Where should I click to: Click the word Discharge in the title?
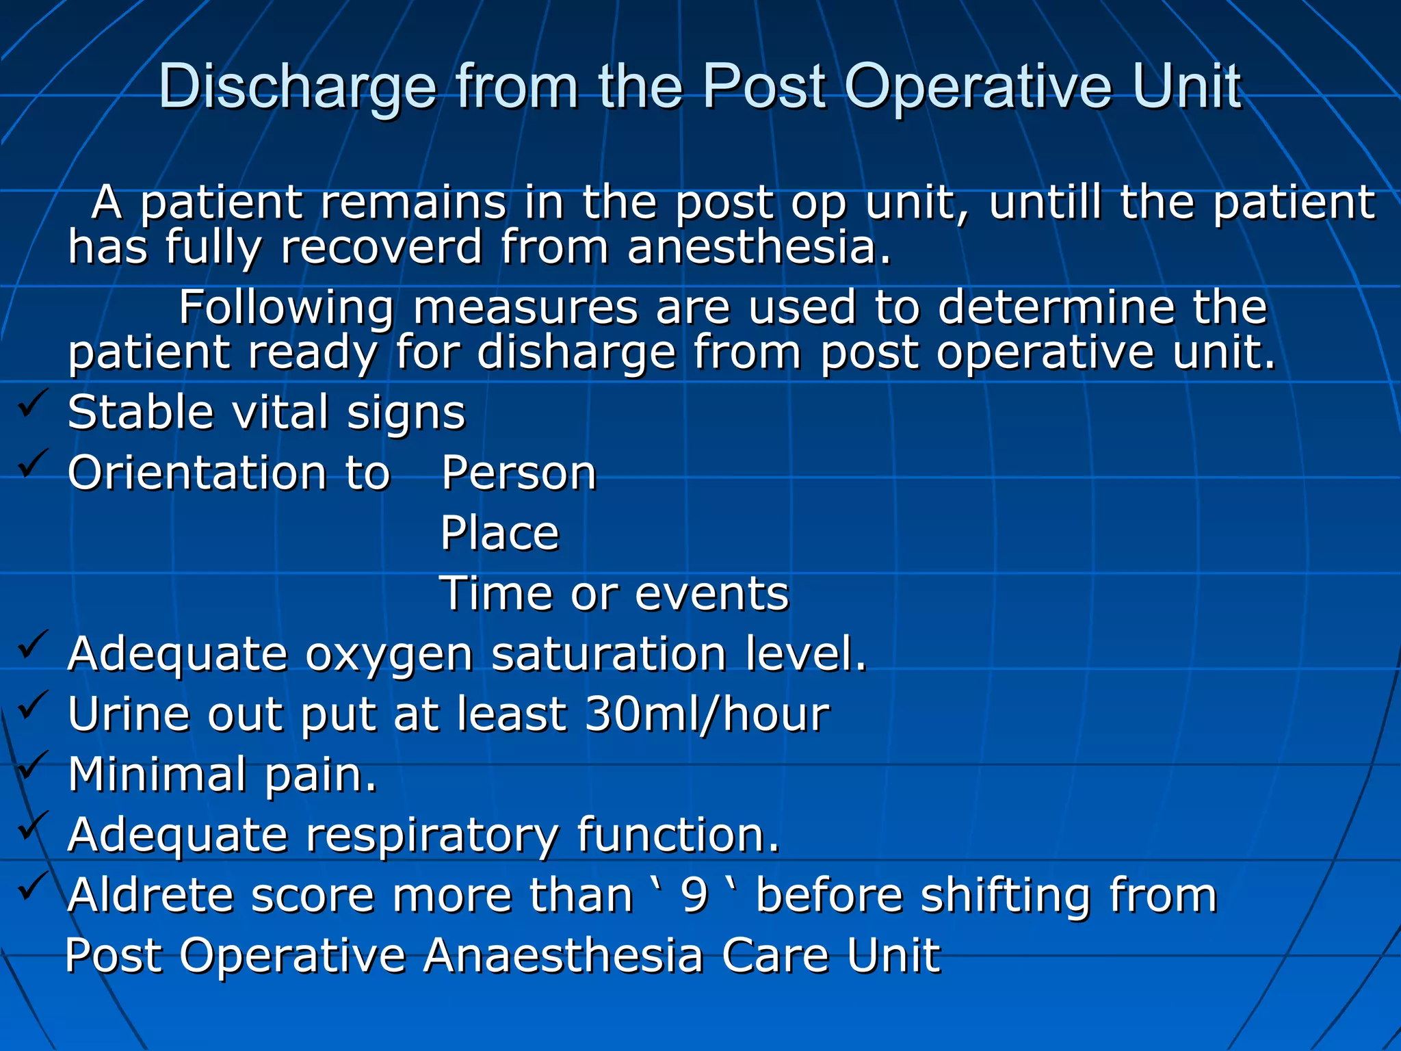pyautogui.click(x=298, y=87)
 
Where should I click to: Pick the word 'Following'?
pyautogui.click(x=286, y=307)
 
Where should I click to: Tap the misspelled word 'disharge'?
pyautogui.click(x=576, y=352)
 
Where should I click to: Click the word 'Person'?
pyautogui.click(x=519, y=473)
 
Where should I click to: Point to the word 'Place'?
pyautogui.click(x=499, y=533)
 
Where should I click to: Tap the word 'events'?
pyautogui.click(x=711, y=593)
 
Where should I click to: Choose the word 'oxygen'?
pyautogui.click(x=389, y=654)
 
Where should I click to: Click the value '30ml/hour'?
pyautogui.click(x=707, y=714)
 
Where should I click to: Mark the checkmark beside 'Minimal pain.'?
pyautogui.click(x=33, y=764)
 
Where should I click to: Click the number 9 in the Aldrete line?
pyautogui.click(x=694, y=895)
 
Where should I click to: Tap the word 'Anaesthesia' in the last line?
pyautogui.click(x=563, y=955)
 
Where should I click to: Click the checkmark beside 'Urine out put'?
pyautogui.click(x=33, y=704)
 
